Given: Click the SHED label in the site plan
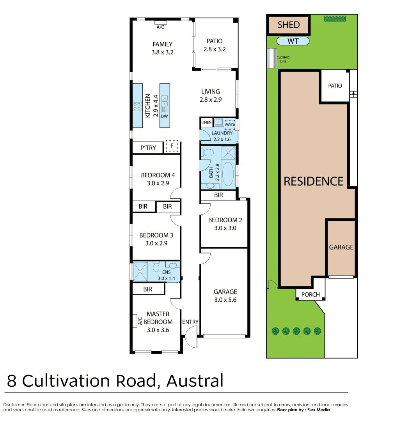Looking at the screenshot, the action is pyautogui.click(x=289, y=25).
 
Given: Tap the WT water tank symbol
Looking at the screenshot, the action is pyautogui.click(x=293, y=41).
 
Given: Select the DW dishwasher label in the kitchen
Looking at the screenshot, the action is pyautogui.click(x=164, y=116).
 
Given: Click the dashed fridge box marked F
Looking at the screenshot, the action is pyautogui.click(x=172, y=146).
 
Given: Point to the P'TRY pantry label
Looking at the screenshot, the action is pyautogui.click(x=148, y=148).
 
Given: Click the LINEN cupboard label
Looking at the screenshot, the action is pyautogui.click(x=206, y=122).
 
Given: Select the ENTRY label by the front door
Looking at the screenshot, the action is pyautogui.click(x=190, y=322).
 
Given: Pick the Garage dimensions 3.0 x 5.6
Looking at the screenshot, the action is pyautogui.click(x=225, y=300).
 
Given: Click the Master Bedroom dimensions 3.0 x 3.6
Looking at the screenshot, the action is pyautogui.click(x=158, y=330).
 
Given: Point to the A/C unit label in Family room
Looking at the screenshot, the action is pyautogui.click(x=160, y=27).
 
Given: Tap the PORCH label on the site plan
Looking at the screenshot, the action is pyautogui.click(x=310, y=295).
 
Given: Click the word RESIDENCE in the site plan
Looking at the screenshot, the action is pyautogui.click(x=314, y=182).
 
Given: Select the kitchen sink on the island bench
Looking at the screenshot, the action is pyautogui.click(x=165, y=101).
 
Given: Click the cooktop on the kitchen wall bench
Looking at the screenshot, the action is pyautogui.click(x=137, y=106).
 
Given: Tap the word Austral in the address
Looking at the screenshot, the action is pyautogui.click(x=195, y=381).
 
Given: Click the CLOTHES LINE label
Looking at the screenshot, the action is pyautogui.click(x=283, y=59).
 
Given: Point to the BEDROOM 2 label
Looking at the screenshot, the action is pyautogui.click(x=225, y=220).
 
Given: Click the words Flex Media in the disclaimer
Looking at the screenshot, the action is pyautogui.click(x=318, y=410).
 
